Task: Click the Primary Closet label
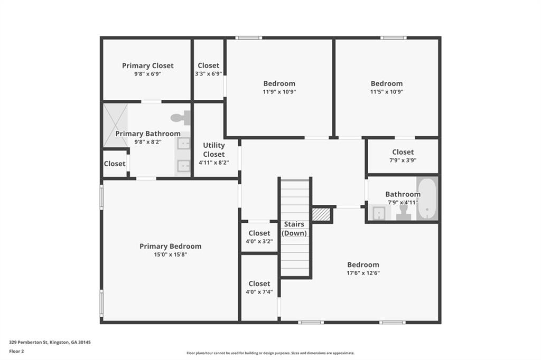tap(147, 65)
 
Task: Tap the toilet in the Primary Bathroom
tap(181, 117)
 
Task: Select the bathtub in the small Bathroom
tap(427, 199)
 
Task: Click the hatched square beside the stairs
tap(321, 214)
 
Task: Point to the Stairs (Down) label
tap(294, 229)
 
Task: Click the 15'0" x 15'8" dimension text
tap(170, 254)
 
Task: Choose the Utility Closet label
tap(213, 149)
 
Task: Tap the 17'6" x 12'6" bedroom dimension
tap(363, 273)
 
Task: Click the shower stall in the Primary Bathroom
tap(115, 125)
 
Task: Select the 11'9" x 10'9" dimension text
tap(279, 91)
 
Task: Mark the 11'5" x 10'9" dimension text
tap(386, 91)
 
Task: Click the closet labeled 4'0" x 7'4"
tap(259, 287)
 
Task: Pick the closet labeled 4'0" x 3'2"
tap(259, 236)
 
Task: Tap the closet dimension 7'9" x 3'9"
tap(403, 160)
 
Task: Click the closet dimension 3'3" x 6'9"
tap(208, 74)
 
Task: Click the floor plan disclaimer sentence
tap(270, 353)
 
